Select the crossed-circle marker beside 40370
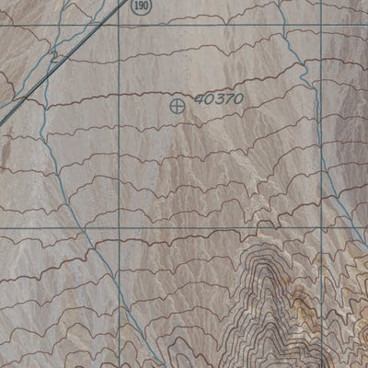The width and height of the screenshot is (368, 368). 177,106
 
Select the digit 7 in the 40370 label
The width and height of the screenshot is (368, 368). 224,98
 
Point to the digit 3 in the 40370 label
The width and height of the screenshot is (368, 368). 217,98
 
